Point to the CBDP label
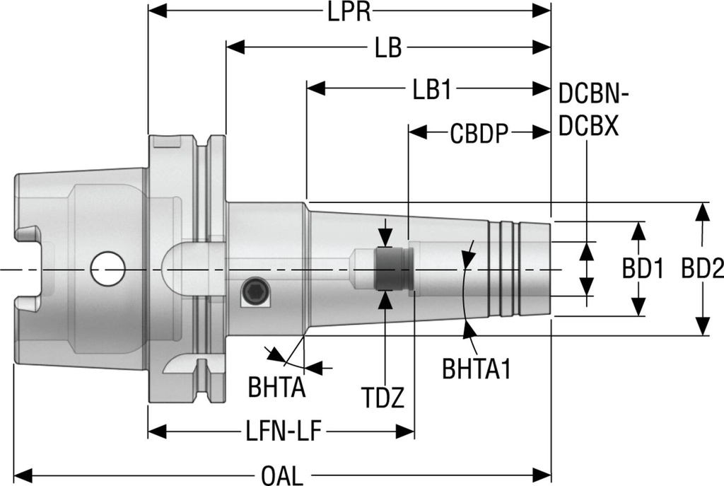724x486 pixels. tap(479, 133)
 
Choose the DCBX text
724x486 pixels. tap(589, 127)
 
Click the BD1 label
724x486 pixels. tap(642, 269)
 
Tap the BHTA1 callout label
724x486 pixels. tap(476, 369)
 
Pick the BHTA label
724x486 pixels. tap(276, 388)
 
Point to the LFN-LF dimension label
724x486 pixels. tap(280, 430)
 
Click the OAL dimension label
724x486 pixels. tap(281, 473)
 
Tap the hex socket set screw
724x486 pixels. tap(255, 292)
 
